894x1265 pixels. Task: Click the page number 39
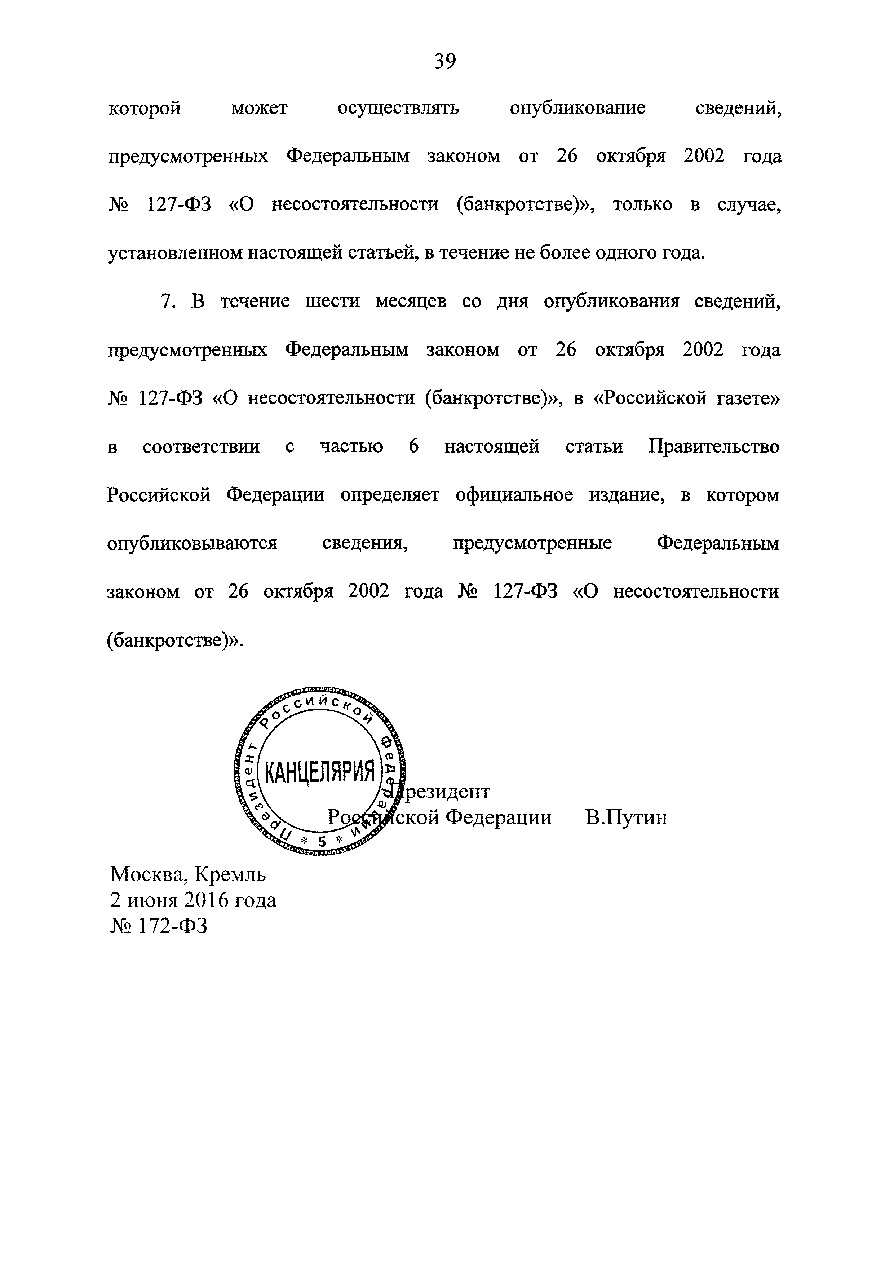coord(445,61)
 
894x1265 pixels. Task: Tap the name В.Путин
coord(626,817)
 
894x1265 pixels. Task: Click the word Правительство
coord(714,446)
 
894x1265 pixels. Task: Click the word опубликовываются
coord(192,543)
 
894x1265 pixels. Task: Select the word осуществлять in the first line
coord(398,108)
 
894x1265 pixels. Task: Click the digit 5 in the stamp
coord(322,841)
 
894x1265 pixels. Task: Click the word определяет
coord(389,495)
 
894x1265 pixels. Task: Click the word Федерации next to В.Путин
coord(498,817)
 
